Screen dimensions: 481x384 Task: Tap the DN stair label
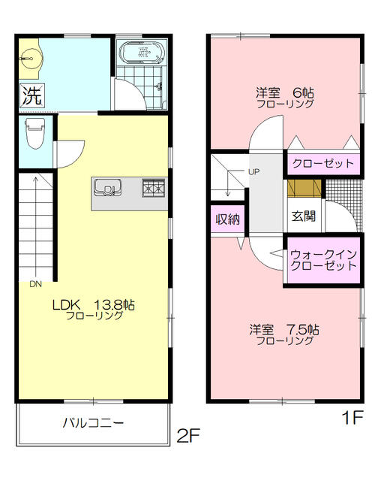36,284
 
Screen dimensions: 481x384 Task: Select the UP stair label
253,172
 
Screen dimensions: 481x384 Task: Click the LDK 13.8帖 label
92,305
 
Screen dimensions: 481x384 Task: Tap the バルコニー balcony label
93,423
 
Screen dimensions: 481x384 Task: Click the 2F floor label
189,434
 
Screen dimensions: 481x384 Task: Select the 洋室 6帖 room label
285,93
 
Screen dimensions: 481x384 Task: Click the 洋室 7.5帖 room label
285,330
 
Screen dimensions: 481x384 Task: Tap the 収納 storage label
227,219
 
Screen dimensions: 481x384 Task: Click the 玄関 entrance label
303,215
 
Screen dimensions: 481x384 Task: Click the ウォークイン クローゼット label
323,260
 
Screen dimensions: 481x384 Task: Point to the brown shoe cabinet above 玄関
303,188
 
